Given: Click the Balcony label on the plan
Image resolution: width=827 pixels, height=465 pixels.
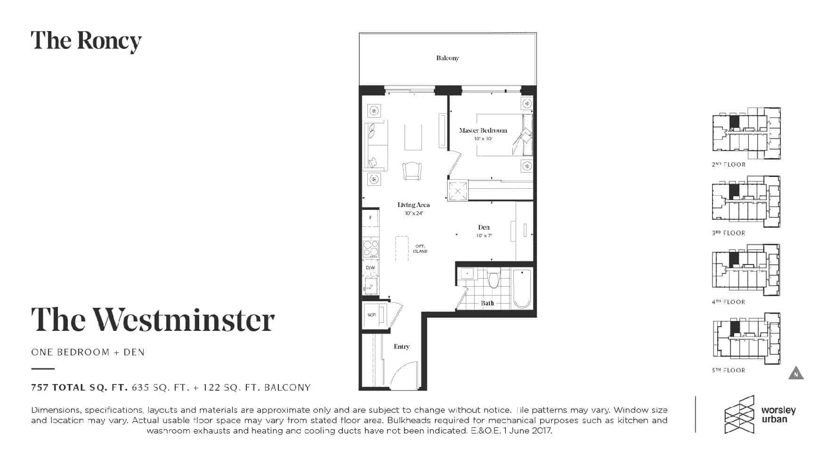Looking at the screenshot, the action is point(447,58).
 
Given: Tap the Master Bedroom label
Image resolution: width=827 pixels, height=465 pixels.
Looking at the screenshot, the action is point(483,130).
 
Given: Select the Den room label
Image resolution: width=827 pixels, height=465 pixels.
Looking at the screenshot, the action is point(484,227).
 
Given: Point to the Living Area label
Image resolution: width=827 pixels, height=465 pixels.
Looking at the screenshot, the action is point(413,205).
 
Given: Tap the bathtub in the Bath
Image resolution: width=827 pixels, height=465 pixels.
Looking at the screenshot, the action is point(522,289).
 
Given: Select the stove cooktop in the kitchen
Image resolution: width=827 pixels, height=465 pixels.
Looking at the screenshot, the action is point(371,249).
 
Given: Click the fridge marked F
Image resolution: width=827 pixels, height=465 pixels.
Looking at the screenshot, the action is point(371,217).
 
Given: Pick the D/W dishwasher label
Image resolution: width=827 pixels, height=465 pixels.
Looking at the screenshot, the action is point(371,268).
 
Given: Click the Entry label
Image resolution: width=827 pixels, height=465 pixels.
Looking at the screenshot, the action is point(402,346).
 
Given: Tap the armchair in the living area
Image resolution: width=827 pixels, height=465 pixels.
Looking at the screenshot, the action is point(412,170).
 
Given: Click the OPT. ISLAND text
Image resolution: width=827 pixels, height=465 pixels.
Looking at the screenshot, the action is point(420,249).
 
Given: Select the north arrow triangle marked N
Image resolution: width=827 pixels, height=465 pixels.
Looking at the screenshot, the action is point(796,373).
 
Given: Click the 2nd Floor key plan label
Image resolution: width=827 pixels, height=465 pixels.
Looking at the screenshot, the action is point(729,165).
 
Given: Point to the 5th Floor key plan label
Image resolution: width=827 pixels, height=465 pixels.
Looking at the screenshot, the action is point(729,370).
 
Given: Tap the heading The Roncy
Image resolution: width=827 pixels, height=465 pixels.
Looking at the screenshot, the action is point(86,41).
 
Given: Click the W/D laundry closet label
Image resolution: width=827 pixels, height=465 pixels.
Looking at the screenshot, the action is point(372,314).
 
